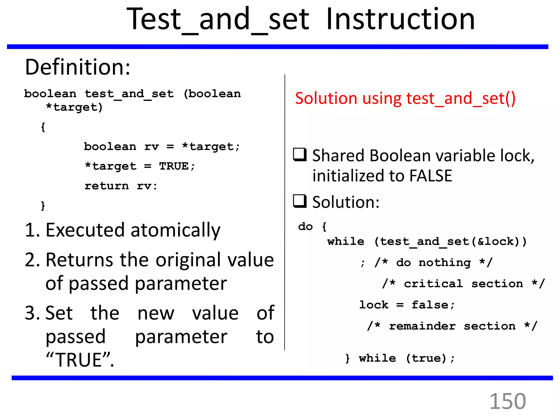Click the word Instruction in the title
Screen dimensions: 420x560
[x=400, y=19]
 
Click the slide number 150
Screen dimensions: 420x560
[x=507, y=401]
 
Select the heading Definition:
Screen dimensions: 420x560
[x=78, y=67]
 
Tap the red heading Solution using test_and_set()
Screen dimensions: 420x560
[x=405, y=98]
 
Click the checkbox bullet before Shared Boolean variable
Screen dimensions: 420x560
[x=300, y=154]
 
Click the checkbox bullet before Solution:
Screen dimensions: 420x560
[x=300, y=201]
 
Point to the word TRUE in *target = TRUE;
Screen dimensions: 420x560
[x=174, y=166]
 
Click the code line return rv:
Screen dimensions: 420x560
[x=121, y=186]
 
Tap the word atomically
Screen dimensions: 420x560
[x=175, y=230]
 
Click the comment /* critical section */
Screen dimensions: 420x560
[x=463, y=284]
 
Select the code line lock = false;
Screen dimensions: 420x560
[x=407, y=305]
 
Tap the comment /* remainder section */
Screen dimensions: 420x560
[x=452, y=326]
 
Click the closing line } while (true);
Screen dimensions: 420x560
[x=400, y=358]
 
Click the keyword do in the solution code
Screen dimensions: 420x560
[x=305, y=226]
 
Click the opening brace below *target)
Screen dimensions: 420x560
[x=43, y=127]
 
